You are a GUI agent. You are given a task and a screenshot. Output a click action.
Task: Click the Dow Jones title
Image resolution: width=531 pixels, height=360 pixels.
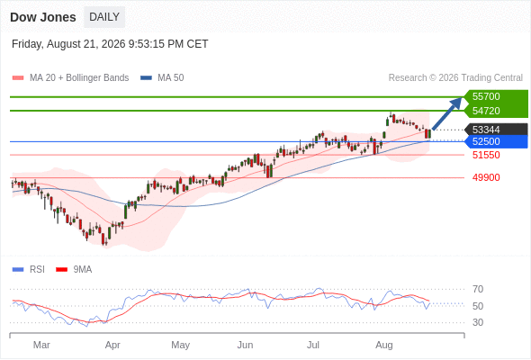[43, 17]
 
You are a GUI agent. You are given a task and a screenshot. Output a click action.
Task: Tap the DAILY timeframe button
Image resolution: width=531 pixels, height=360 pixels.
[104, 17]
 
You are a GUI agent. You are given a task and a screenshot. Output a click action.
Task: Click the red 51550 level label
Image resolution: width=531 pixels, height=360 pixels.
[486, 155]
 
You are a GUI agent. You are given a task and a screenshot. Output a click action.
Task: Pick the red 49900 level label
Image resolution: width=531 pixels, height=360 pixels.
[486, 177]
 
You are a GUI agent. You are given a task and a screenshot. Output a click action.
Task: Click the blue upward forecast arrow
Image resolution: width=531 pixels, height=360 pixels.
[447, 113]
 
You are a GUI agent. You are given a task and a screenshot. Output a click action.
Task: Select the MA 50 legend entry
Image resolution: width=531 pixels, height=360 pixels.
[162, 78]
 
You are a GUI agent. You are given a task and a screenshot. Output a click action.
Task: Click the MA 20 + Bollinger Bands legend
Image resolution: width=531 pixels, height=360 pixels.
[70, 78]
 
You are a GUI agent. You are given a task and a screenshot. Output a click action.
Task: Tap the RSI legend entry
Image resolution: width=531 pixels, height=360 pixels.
[29, 270]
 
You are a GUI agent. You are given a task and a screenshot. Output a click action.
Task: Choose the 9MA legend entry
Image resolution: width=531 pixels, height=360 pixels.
[74, 270]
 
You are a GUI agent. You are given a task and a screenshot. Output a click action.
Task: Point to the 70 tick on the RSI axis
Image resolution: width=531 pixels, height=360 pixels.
[478, 289]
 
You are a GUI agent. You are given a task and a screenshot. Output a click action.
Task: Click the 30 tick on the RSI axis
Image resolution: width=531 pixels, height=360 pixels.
[478, 322]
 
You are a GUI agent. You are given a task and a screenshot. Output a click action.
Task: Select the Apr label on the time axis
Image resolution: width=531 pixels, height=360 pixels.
[112, 345]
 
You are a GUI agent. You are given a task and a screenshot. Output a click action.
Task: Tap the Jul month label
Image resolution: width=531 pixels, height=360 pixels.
[313, 345]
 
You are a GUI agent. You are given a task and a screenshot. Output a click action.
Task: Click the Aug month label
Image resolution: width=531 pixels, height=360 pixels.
[384, 345]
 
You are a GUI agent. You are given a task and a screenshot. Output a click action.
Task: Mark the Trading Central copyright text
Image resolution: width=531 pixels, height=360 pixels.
[455, 78]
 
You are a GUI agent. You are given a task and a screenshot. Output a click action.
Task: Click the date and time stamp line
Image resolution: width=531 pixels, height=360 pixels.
[110, 44]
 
